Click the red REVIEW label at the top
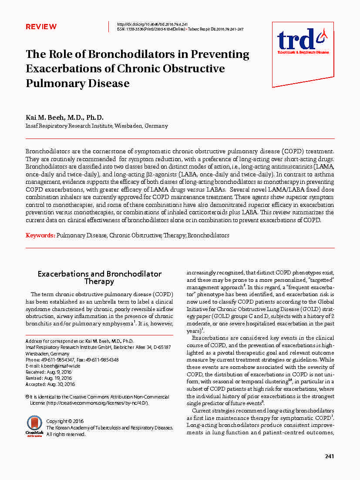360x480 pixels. point(41,27)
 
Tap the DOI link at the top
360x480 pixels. point(152,24)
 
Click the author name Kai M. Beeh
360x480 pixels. point(48,118)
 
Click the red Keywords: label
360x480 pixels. point(40,235)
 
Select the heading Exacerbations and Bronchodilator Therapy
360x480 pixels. point(99,277)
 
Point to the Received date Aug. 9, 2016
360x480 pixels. point(61,372)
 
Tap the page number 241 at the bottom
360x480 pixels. point(329,456)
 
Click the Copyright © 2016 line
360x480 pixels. point(65,421)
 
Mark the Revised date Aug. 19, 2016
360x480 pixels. point(61,378)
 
